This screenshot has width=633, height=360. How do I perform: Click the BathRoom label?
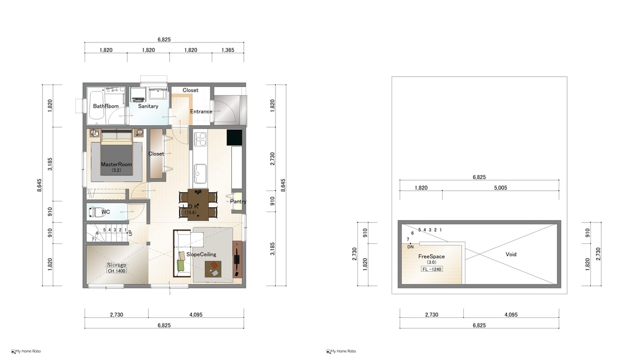click(x=106, y=106)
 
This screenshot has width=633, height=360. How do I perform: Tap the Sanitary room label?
click(x=148, y=106)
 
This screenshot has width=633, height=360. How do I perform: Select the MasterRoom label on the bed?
click(x=116, y=164)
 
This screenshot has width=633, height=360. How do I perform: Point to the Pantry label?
click(x=238, y=201)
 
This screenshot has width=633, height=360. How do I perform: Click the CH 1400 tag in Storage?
click(x=116, y=270)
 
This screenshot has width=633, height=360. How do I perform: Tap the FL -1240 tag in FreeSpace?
click(x=432, y=269)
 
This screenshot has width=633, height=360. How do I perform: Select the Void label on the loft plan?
click(x=511, y=254)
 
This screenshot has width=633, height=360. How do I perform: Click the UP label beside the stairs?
click(x=130, y=233)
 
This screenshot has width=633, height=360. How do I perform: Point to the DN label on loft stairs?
click(x=410, y=247)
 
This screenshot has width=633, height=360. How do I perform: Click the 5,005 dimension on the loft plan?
click(x=500, y=187)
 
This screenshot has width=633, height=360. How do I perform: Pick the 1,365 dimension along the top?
click(x=228, y=50)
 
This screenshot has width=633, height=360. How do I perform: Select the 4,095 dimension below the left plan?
click(x=196, y=315)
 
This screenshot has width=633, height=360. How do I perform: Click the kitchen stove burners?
click(x=200, y=139)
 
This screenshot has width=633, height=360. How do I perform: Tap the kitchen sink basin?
click(x=200, y=174)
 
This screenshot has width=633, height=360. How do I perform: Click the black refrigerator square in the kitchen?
click(x=234, y=137)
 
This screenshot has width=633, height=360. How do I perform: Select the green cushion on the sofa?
click(x=181, y=265)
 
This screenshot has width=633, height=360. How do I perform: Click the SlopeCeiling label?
click(x=201, y=254)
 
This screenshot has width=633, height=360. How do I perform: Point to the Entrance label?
click(x=201, y=111)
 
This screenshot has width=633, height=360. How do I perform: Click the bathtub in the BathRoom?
click(x=96, y=105)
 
